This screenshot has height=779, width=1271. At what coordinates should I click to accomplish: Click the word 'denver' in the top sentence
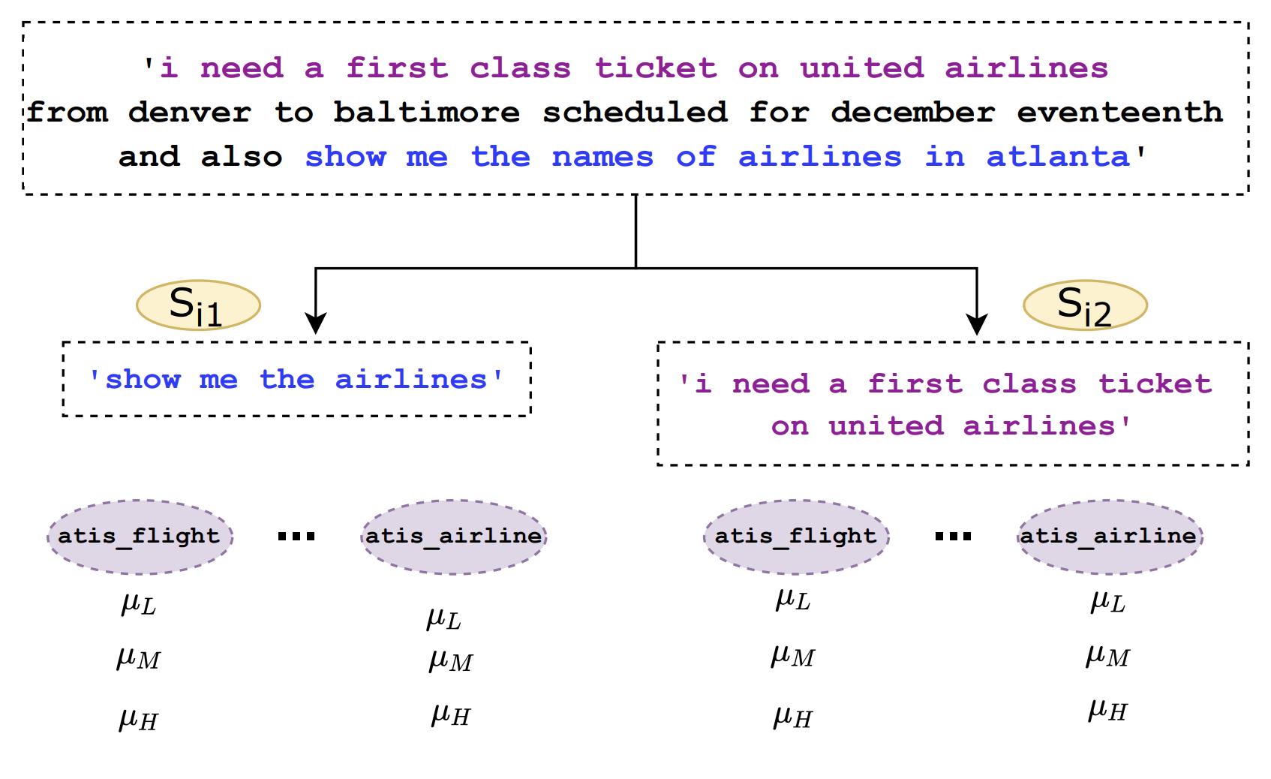tap(190, 112)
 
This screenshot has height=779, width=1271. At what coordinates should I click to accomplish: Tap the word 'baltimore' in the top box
tap(426, 112)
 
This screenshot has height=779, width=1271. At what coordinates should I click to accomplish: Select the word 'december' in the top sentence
tap(913, 112)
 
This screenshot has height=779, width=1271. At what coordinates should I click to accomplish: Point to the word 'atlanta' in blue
tap(1058, 157)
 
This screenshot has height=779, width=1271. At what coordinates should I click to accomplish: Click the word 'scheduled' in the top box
tap(635, 112)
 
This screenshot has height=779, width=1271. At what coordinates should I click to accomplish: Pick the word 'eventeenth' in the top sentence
tap(1120, 112)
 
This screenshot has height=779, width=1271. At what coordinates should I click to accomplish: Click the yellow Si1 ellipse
tap(199, 305)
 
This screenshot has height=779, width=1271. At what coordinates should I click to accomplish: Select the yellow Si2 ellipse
tap(1086, 305)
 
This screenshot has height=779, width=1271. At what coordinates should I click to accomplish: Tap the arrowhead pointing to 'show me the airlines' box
tap(315, 323)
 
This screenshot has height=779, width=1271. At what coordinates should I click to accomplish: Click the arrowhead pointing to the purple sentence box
tap(977, 323)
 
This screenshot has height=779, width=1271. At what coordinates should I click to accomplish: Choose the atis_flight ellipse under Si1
tap(140, 537)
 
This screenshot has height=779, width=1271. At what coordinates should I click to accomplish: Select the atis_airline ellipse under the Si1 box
tap(454, 537)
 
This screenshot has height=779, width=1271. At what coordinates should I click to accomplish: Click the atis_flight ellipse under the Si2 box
tap(797, 537)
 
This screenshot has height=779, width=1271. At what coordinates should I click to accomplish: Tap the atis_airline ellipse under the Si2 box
tap(1110, 537)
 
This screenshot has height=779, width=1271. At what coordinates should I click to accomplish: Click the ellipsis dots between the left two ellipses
tap(296, 536)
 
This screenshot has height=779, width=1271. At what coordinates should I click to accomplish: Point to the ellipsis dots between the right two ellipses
tap(953, 536)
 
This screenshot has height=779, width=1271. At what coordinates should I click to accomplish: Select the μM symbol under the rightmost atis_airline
tap(1107, 656)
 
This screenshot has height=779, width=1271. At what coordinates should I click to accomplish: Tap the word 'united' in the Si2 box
tap(886, 426)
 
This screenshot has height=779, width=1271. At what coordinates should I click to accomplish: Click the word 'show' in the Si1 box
tap(143, 380)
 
